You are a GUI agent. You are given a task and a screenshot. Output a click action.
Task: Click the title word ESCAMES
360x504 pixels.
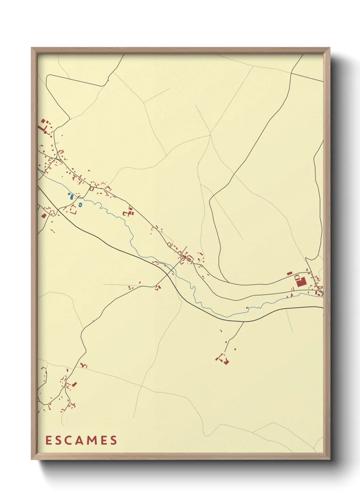point(81,440)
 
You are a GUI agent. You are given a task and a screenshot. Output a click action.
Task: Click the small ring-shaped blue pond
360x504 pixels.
point(80,205)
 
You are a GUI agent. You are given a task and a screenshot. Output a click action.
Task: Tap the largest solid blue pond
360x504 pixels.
point(71,197)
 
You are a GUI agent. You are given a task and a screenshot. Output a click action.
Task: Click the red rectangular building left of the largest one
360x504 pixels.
point(290,273)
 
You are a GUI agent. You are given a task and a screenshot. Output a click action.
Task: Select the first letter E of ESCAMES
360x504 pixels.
point(48,440)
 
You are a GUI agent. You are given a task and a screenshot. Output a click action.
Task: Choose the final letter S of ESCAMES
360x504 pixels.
point(114,440)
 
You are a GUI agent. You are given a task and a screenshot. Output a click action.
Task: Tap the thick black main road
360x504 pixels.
point(102,241)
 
